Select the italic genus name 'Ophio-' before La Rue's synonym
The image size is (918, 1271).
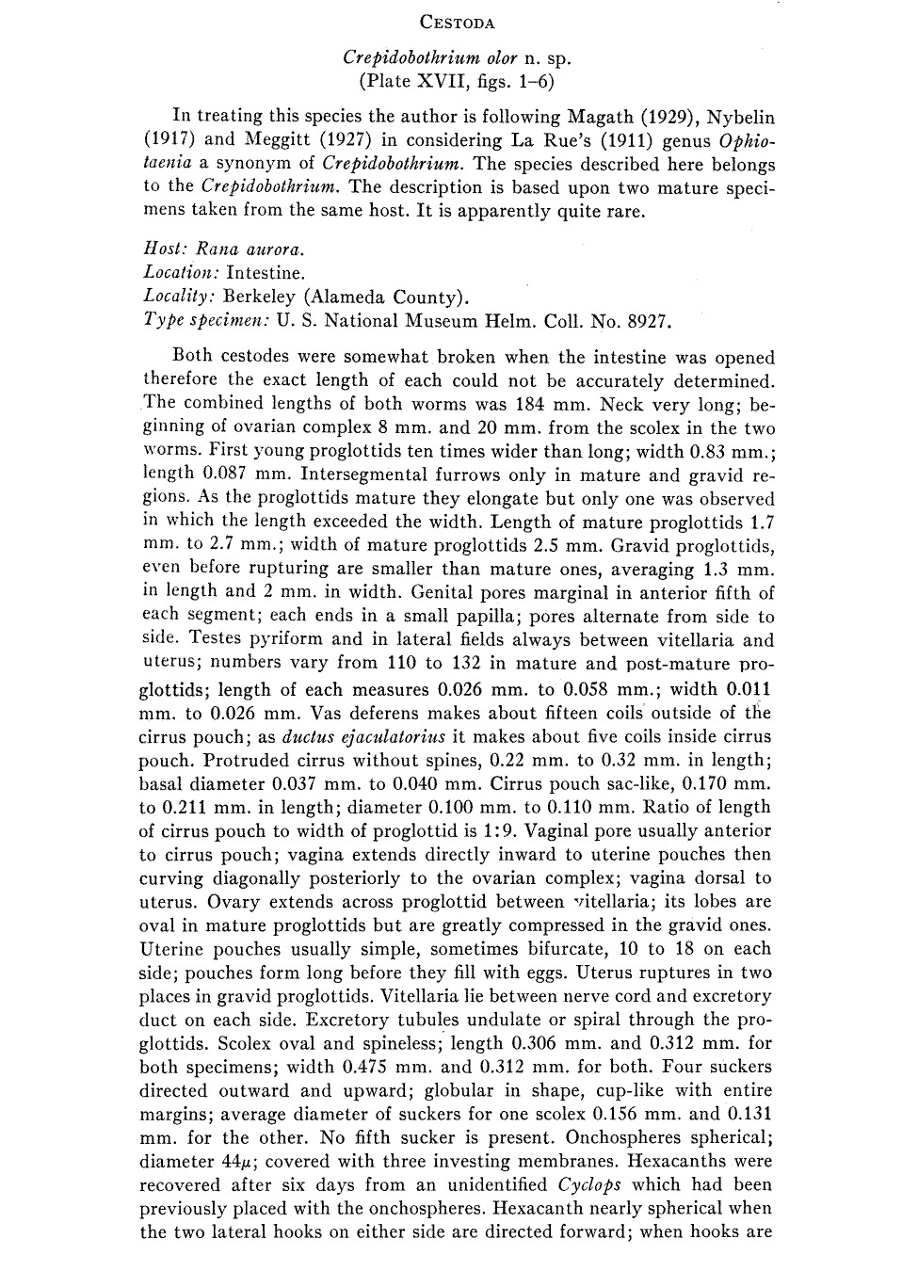click(x=746, y=140)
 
